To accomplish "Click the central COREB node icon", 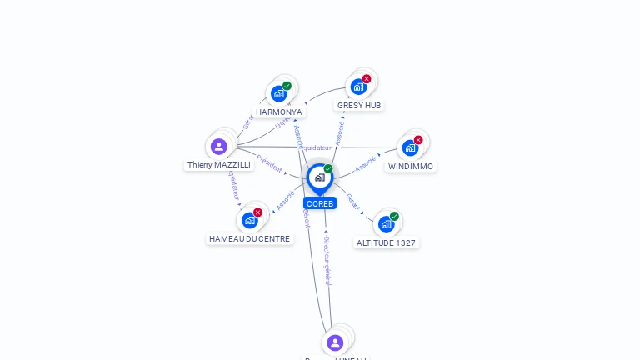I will [319, 177].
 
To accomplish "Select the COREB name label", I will [319, 203].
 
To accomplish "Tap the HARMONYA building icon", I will [278, 93].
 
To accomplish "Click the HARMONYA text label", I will [278, 112].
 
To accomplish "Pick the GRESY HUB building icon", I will [358, 87].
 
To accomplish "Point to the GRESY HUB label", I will [359, 105].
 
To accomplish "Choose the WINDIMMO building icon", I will [409, 147].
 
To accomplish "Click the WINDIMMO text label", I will [411, 166].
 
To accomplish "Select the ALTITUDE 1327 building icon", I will [386, 223].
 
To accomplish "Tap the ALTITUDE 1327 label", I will [386, 242].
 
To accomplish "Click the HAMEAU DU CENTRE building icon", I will [249, 220].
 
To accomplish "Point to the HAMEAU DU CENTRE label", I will [250, 238].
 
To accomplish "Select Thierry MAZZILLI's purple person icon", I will [219, 147].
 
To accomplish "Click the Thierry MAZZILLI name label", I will [219, 165].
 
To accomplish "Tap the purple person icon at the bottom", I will [335, 342].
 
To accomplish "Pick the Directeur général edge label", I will [327, 260].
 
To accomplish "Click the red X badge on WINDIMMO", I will [418, 140].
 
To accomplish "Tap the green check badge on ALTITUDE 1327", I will [394, 217].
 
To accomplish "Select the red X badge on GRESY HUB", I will [367, 79].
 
